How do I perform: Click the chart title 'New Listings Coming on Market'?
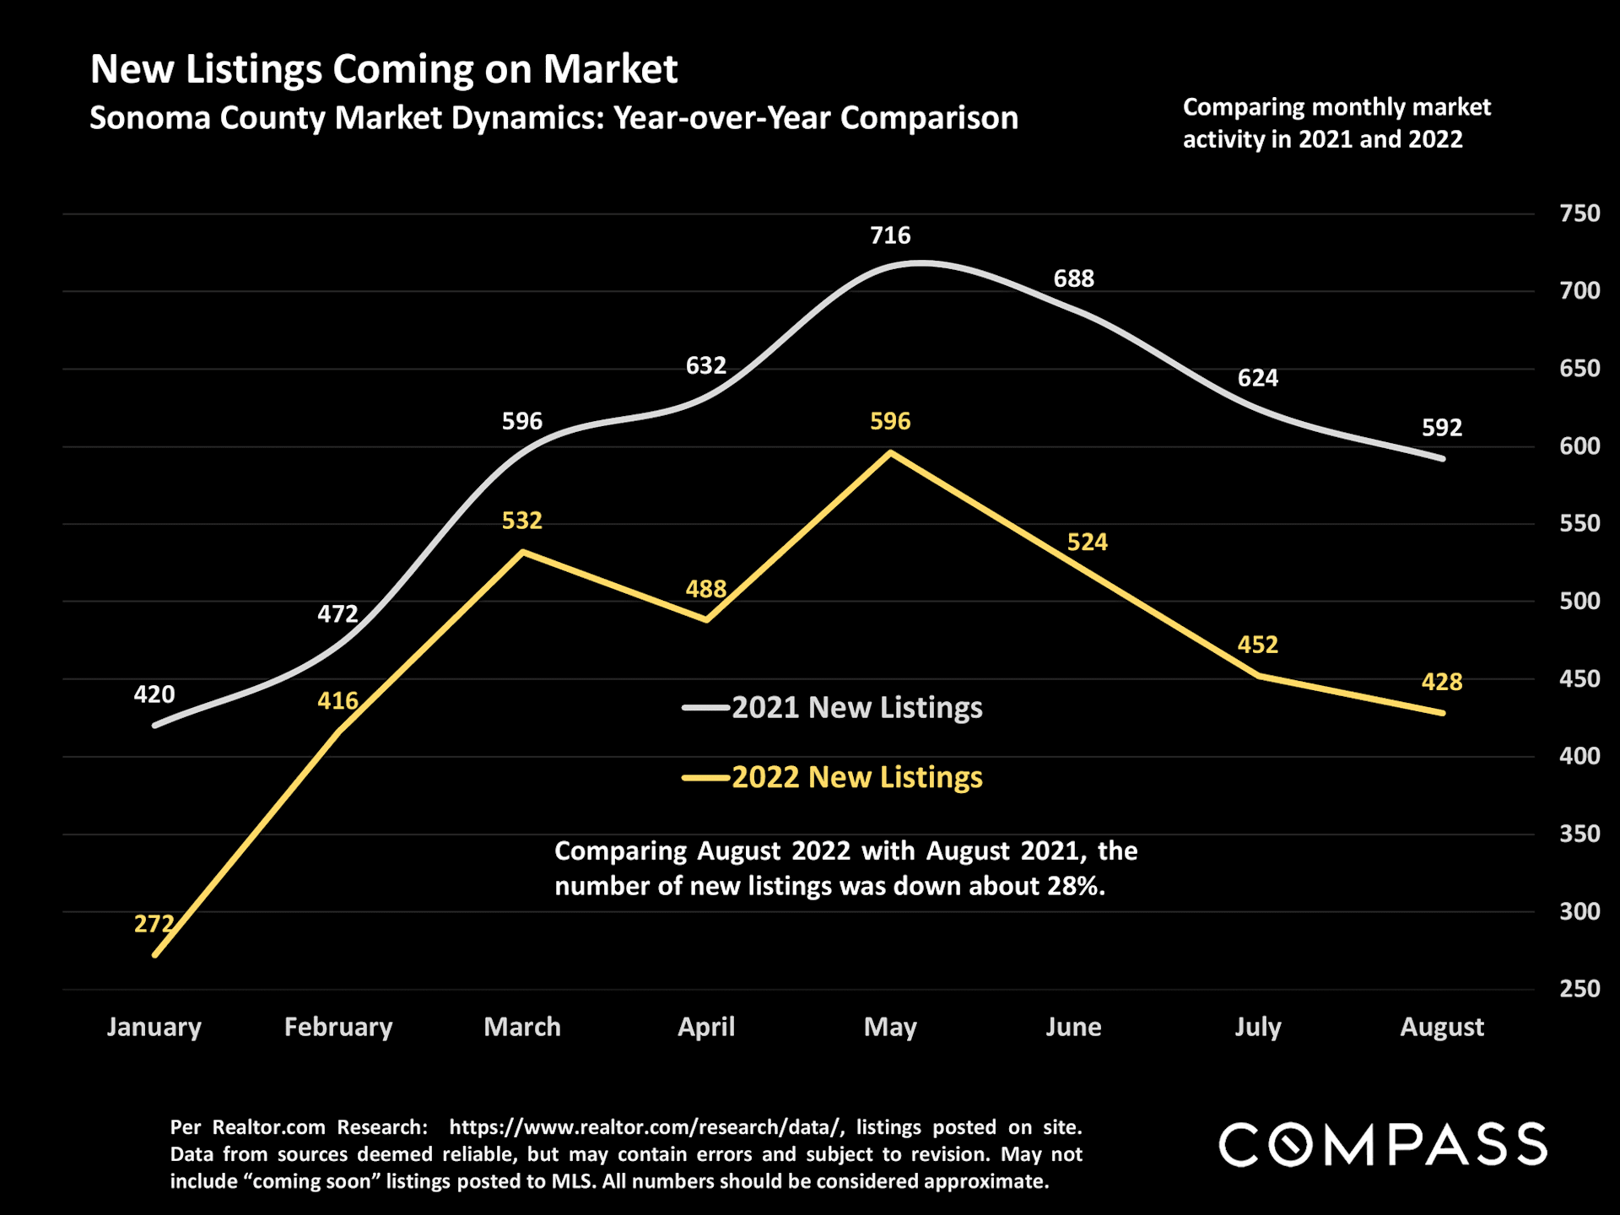(x=383, y=69)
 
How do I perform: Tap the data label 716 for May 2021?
(x=890, y=235)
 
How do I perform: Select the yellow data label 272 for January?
(x=154, y=924)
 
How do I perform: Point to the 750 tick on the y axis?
(x=1579, y=213)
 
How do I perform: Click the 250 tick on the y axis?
(x=1579, y=988)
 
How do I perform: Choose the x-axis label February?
(x=338, y=1027)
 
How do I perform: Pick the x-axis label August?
(x=1441, y=1027)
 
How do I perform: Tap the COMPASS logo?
(x=1382, y=1145)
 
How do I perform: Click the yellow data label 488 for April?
(x=705, y=589)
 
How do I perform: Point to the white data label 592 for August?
(x=1441, y=428)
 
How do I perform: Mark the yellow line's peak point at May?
(x=891, y=453)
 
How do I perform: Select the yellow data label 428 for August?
(x=1441, y=682)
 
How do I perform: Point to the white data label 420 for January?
(x=154, y=694)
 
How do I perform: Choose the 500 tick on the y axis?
(x=1579, y=601)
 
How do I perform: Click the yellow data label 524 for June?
(x=1087, y=542)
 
